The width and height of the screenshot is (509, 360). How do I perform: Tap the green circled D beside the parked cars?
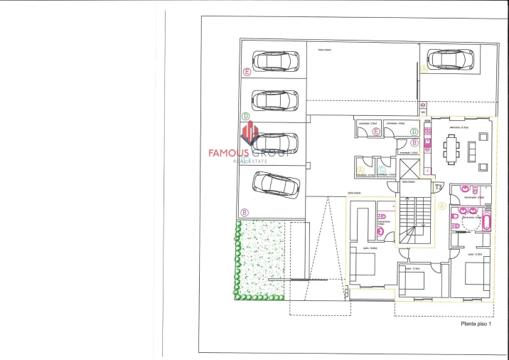(245, 116)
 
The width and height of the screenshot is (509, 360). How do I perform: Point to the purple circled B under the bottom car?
(245, 212)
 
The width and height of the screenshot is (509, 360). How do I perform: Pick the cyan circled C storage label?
(382, 170)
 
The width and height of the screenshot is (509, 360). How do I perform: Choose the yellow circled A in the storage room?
(360, 171)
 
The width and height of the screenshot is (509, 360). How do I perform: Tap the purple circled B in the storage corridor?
(414, 143)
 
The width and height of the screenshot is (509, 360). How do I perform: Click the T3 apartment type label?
(438, 187)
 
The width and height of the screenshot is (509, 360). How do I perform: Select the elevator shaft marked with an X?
(410, 171)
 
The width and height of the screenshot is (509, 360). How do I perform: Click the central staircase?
(414, 221)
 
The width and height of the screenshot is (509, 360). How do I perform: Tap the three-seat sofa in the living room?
(472, 151)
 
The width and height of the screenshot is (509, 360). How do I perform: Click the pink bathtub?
(486, 221)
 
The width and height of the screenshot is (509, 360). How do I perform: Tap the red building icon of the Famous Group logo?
(250, 133)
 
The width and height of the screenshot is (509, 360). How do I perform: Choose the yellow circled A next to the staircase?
(441, 206)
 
